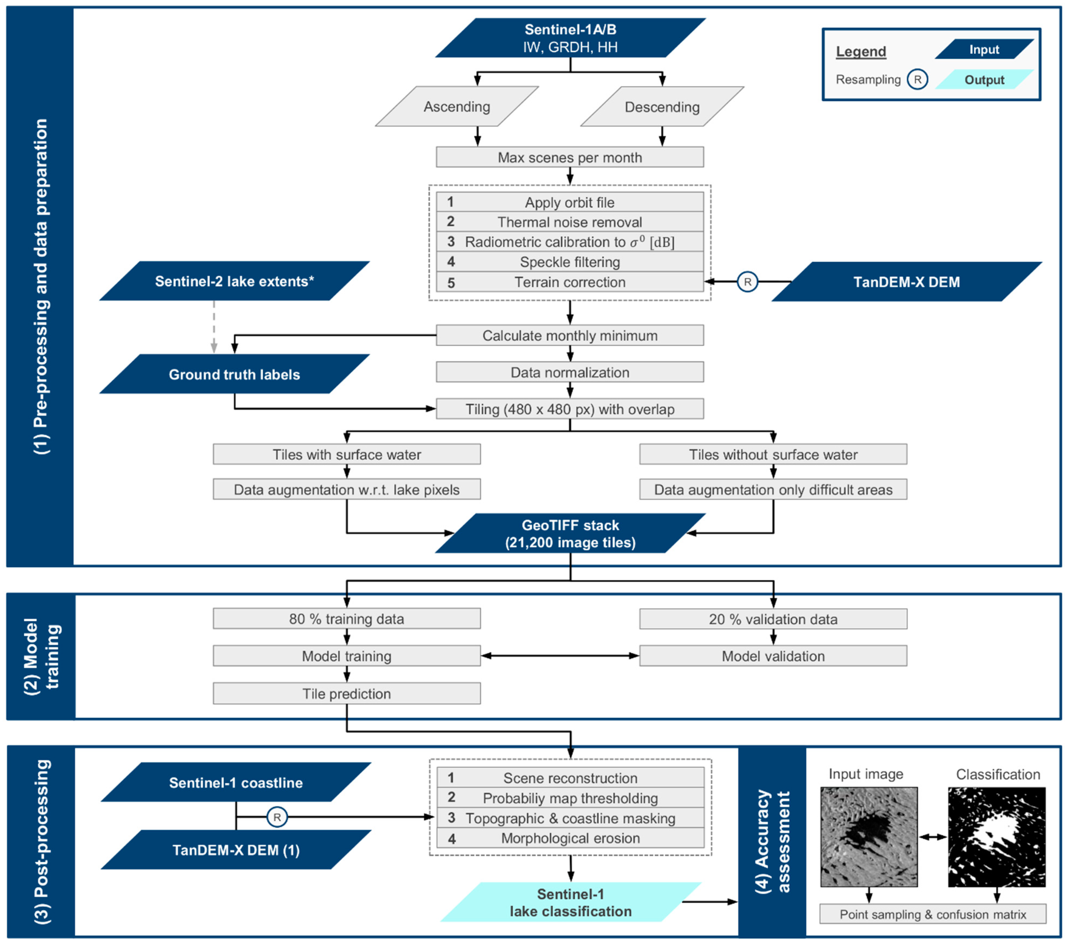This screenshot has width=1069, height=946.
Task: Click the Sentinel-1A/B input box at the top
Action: point(570,38)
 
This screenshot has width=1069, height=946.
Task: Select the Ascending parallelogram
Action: point(457,107)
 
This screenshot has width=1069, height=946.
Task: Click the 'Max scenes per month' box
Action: point(570,157)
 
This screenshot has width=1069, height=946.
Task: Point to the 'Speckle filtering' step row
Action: point(570,262)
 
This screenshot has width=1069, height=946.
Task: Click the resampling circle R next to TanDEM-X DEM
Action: point(747,282)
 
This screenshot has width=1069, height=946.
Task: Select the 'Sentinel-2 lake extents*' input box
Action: point(234,281)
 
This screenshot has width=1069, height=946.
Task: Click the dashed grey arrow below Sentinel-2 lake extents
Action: point(214,327)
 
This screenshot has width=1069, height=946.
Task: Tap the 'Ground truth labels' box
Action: point(234,374)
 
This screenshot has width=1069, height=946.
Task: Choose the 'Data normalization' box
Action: point(570,372)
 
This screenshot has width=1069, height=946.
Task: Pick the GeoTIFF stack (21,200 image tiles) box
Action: point(570,533)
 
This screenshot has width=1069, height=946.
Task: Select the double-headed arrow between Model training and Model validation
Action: point(560,656)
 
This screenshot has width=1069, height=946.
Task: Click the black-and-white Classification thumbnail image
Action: point(996,837)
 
